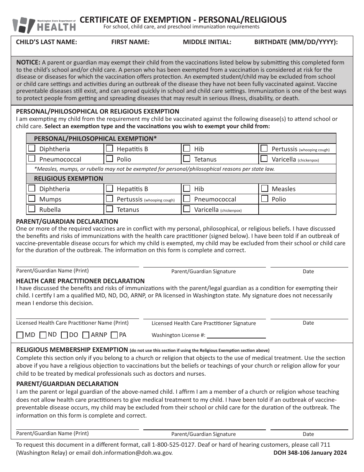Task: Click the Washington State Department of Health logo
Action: (x=44, y=25)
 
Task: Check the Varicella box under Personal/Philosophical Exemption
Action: (x=264, y=158)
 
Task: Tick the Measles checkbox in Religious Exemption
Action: (x=264, y=188)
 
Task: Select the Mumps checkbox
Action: (x=32, y=198)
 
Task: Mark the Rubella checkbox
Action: (x=32, y=209)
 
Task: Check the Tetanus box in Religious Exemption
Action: (x=109, y=209)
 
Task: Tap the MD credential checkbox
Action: (x=20, y=335)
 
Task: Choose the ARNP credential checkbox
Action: (x=86, y=335)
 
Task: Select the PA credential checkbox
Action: (x=114, y=335)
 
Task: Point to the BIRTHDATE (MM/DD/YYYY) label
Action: (x=296, y=42)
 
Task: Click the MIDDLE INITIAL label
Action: (x=207, y=42)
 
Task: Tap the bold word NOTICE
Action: (x=28, y=63)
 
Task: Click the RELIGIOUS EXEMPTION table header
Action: (x=69, y=178)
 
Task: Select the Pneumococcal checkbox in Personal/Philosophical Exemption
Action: (x=32, y=158)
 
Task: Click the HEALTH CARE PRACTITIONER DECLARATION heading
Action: (x=80, y=281)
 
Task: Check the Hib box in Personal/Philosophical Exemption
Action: (x=187, y=148)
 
